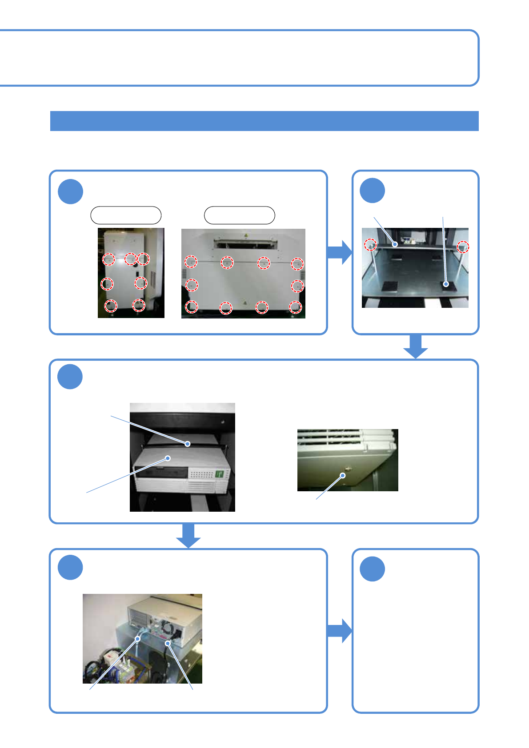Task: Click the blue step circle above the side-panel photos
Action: pos(70,191)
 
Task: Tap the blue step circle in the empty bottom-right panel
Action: pos(372,569)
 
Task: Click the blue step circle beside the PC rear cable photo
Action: pos(70,567)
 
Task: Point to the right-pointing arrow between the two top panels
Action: pos(340,252)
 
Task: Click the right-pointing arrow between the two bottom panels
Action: pos(340,631)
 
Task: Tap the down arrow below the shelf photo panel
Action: pos(415,346)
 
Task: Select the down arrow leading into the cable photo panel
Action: pos(188,536)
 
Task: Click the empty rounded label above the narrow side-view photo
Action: pos(126,215)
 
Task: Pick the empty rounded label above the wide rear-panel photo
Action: pos(239,215)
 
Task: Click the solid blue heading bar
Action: pos(264,121)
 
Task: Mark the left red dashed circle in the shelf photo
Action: pos(370,244)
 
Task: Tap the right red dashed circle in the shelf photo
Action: pos(463,247)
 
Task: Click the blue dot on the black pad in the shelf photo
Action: pos(446,284)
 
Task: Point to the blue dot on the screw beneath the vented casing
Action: pos(343,475)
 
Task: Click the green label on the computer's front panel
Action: pos(219,474)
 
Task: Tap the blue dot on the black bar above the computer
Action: pos(188,443)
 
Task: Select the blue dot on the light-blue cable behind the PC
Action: pos(138,639)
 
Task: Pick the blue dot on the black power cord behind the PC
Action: pos(168,643)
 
